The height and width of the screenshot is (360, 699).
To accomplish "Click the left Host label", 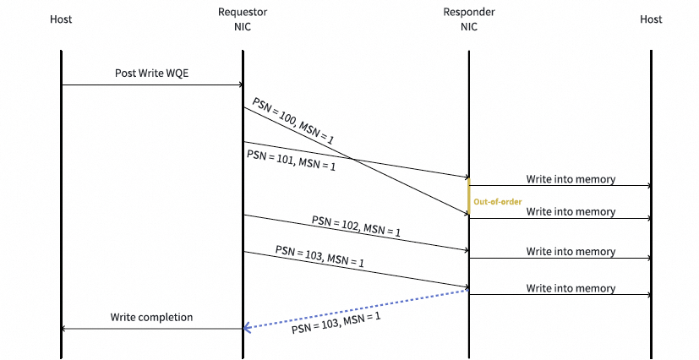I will click(61, 19).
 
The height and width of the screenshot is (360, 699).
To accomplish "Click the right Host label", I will click(651, 19).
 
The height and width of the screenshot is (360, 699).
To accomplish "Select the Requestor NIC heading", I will click(242, 19).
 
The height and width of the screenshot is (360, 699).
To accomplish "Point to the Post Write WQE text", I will click(152, 73).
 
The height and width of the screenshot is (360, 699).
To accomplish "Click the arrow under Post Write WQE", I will click(152, 85).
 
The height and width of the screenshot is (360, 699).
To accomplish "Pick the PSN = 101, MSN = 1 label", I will click(291, 160).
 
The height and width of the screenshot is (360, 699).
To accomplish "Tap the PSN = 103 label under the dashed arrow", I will click(336, 322).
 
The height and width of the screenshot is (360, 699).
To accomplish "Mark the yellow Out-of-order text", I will click(497, 201).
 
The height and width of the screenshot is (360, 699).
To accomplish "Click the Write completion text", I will click(151, 317).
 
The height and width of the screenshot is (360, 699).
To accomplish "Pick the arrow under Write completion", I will click(152, 329).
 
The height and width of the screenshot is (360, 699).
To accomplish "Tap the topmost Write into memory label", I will click(571, 179).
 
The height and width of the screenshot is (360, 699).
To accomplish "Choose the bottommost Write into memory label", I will click(571, 288).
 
